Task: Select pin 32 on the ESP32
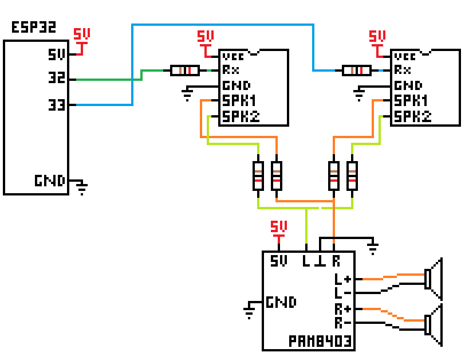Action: (57, 79)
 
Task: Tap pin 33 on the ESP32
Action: (57, 104)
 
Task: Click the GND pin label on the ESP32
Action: (50, 181)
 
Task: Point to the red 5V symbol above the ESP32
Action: (82, 40)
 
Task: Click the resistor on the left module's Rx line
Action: (184, 71)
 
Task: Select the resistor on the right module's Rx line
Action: (356, 71)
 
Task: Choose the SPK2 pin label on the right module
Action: (412, 116)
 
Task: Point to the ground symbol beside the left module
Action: (187, 93)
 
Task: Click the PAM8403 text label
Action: (320, 343)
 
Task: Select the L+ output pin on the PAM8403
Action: (344, 280)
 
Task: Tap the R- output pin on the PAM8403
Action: (344, 322)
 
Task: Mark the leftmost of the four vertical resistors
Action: (258, 176)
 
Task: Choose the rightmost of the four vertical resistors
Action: (352, 176)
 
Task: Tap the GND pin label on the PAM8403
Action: (281, 302)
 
